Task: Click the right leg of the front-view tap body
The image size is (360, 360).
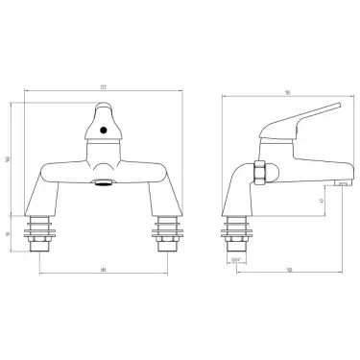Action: pos(156,197)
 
